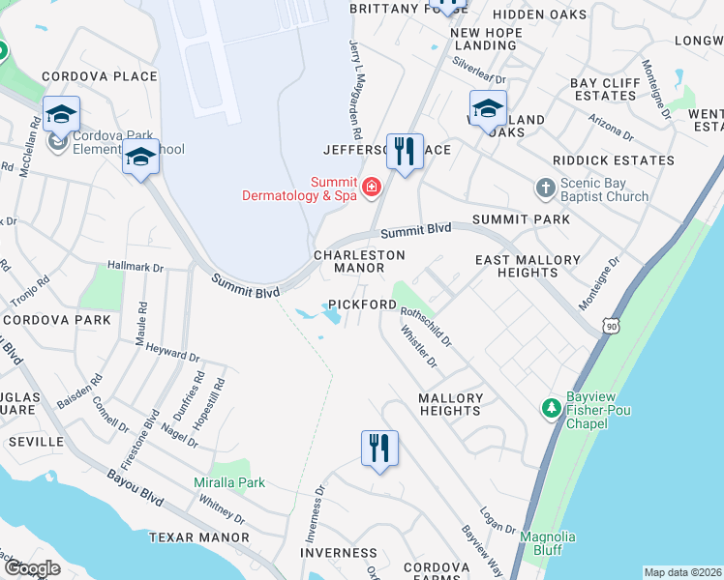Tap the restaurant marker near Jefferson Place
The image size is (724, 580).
coord(406,151)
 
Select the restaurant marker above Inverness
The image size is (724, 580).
coord(379,448)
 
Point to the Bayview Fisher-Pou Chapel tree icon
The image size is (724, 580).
coord(551,409)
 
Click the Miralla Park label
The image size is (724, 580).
coord(227,482)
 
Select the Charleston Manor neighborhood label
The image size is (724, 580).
coord(358,261)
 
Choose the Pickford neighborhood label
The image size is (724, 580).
coord(362,304)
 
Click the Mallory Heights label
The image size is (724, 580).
coord(450,404)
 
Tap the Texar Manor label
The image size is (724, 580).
coord(198,536)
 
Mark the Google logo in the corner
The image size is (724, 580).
coord(32,568)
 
